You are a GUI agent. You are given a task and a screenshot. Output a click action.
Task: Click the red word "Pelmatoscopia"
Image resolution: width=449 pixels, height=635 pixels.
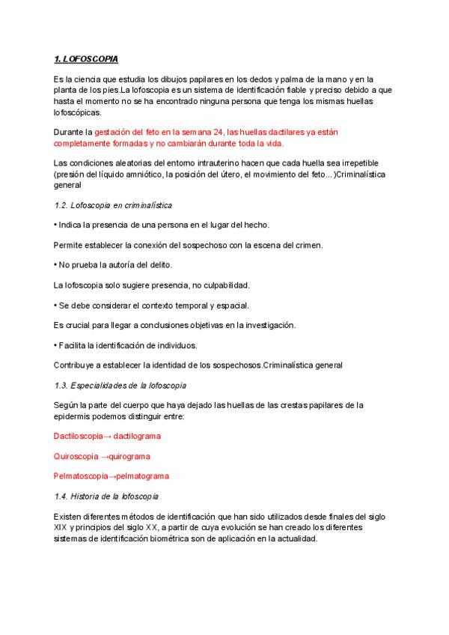pos(81,476)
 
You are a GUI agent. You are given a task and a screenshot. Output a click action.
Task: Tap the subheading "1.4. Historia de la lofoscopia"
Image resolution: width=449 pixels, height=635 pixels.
pos(116,496)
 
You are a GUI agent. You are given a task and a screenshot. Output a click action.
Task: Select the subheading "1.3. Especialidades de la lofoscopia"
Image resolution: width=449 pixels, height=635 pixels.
pos(120,385)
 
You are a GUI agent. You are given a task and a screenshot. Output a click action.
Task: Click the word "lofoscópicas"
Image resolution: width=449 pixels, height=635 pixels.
pos(77,112)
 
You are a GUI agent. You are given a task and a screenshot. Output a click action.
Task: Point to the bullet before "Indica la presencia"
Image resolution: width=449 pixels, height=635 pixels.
pos(56,225)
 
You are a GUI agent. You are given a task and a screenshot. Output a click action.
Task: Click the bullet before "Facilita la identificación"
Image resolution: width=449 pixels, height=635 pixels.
pos(56,345)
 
